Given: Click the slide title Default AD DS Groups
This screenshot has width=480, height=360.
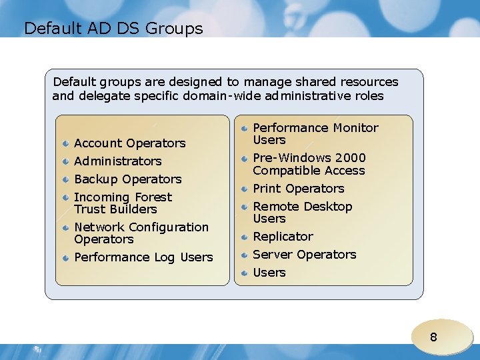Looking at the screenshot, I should coord(113,29).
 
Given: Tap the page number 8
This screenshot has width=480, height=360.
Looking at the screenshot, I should coord(433,337).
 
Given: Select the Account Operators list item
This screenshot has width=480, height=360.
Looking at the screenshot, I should coord(129,143).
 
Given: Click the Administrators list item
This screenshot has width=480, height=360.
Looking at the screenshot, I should coord(117,161).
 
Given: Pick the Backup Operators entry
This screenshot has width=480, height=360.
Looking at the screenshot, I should coord(127,179).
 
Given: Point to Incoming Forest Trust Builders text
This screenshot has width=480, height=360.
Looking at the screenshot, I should coord(123,203).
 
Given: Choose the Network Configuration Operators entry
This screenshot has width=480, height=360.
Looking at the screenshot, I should coord(141,233).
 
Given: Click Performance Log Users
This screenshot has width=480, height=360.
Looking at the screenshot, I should coord(143,257).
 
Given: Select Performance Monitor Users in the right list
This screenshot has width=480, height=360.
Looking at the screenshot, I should coord(315,134).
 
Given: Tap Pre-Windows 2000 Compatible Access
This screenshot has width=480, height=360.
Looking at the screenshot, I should coord(309,164).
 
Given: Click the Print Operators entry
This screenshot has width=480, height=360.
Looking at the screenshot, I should coord(298,189).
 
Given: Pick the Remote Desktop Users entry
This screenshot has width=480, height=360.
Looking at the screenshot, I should coord(302,213).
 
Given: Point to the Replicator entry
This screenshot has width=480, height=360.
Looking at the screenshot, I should coord(283,237).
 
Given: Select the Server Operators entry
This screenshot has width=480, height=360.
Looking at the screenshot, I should coord(304,255).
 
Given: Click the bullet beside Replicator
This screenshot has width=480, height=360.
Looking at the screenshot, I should coord(245,237).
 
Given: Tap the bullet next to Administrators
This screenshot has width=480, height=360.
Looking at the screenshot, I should coord(66,161).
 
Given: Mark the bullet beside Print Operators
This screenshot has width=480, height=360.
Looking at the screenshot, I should coord(245,189).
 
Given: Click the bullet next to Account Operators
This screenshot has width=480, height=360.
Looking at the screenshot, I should coord(66,143).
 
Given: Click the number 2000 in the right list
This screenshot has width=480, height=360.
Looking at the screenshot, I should coord(351,158).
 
